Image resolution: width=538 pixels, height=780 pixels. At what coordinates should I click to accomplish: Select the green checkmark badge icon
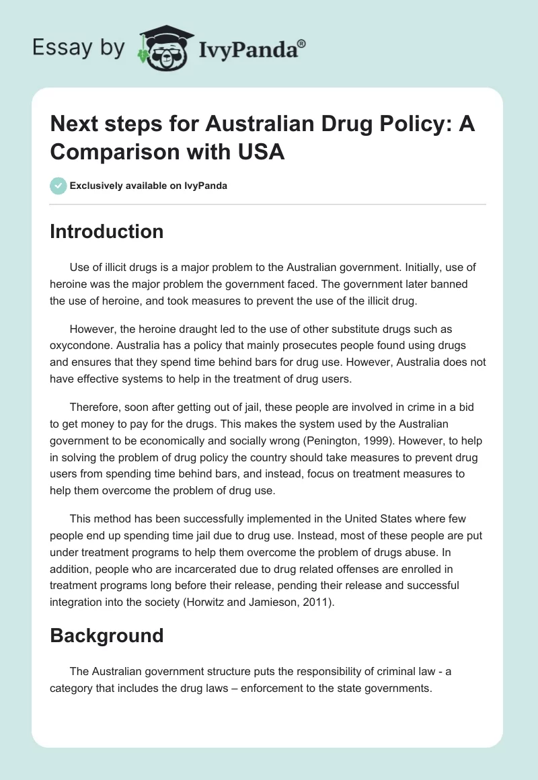coord(59,186)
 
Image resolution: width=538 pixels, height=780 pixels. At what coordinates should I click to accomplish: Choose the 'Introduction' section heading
coord(107,231)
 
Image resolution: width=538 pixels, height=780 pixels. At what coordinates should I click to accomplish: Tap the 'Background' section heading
coord(107,635)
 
